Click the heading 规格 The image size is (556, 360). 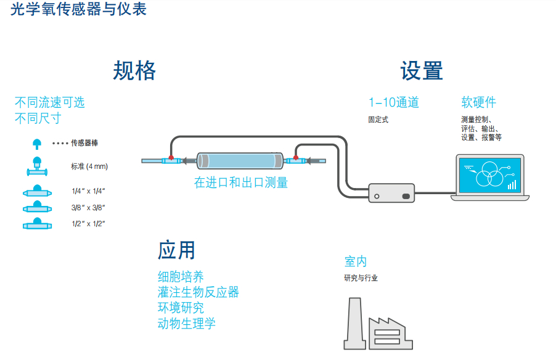pyautogui.click(x=134, y=71)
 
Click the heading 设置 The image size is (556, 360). pyautogui.click(x=422, y=71)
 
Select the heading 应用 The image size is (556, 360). pyautogui.click(x=177, y=250)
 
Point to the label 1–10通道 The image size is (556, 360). pyautogui.click(x=393, y=103)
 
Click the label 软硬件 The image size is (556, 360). pyautogui.click(x=478, y=103)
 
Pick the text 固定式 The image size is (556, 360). pyautogui.click(x=378, y=120)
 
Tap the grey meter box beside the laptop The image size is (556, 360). pyautogui.click(x=391, y=193)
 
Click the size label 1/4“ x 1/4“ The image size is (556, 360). pyautogui.click(x=88, y=192)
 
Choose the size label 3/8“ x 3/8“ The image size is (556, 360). pyautogui.click(x=88, y=208)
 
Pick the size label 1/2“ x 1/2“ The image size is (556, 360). pyautogui.click(x=88, y=223)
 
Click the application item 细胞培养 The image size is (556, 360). pyautogui.click(x=181, y=277)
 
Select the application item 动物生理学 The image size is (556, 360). pyautogui.click(x=187, y=324)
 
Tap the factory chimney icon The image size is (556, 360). pyautogui.click(x=353, y=324)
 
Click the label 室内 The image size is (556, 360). pyautogui.click(x=356, y=261)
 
